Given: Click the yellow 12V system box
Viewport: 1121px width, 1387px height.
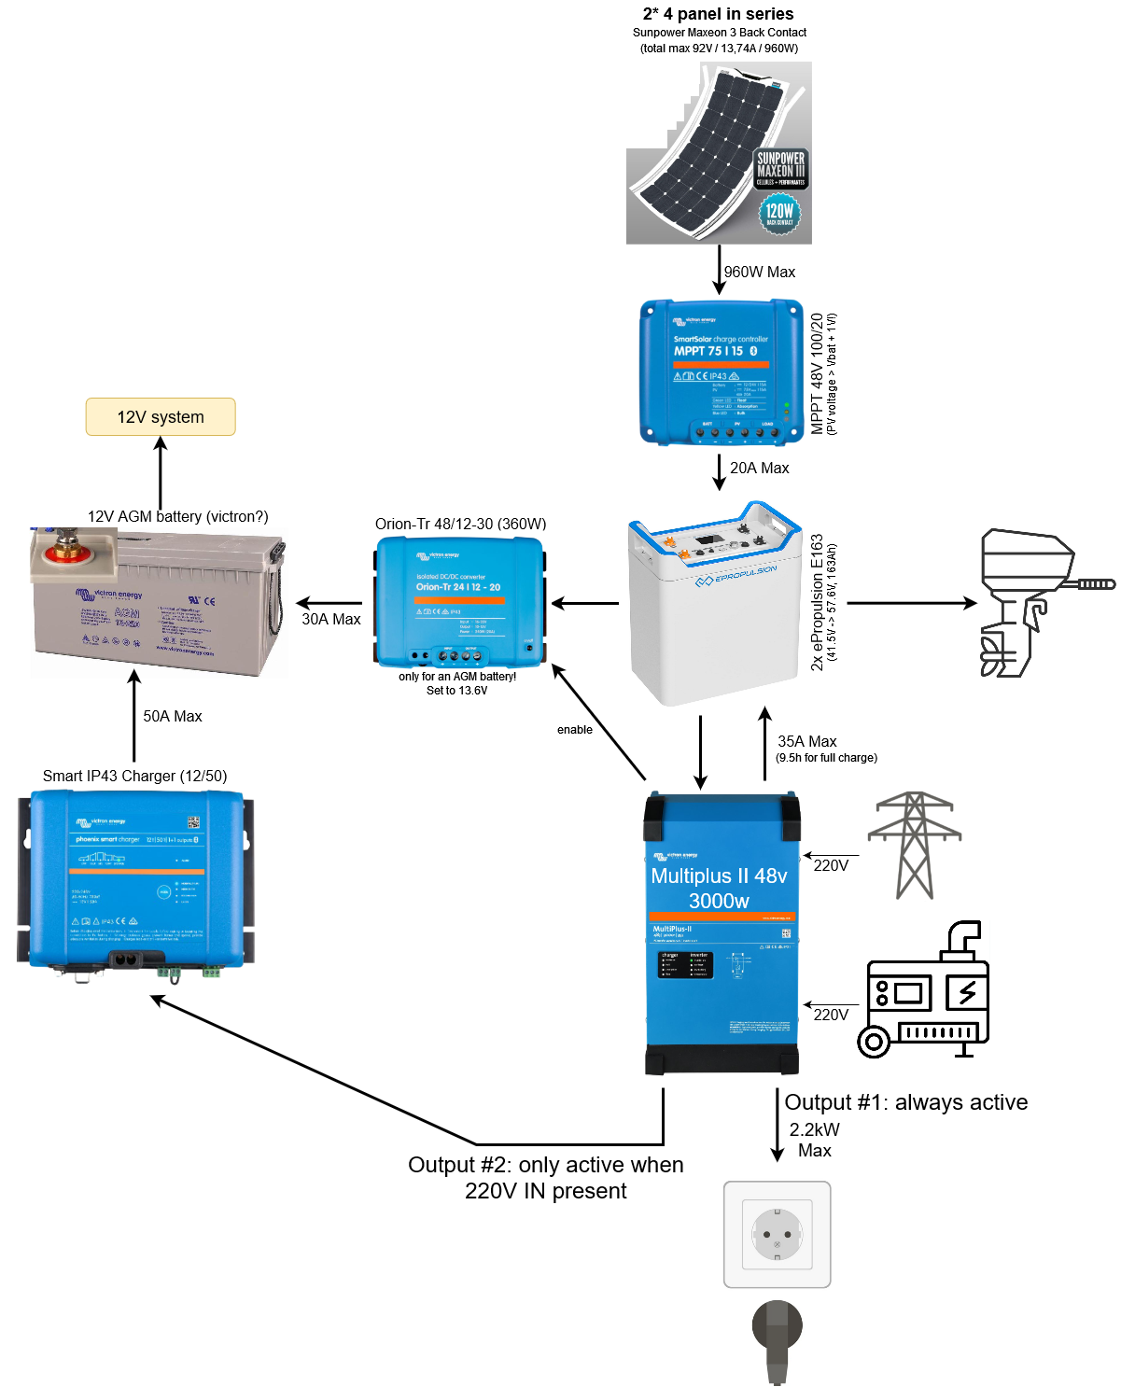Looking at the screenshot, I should click(161, 417).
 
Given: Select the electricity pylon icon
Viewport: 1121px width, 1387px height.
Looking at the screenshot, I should click(915, 845).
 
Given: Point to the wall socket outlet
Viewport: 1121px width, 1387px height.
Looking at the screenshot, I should click(778, 1234).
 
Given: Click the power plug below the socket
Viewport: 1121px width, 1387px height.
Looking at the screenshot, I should click(777, 1339).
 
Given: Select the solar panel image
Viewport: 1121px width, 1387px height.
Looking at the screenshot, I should click(719, 153).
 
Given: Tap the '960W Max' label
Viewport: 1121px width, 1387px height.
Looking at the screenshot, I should click(760, 273).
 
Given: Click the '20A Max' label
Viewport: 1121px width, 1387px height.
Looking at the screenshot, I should click(760, 469).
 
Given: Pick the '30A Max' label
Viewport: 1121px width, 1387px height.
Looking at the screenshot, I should click(331, 620).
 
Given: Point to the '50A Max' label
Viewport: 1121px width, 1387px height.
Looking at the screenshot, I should click(173, 717).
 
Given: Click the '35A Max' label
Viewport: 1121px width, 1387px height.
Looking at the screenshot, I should click(807, 742).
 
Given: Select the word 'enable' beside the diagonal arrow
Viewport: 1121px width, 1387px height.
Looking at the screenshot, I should click(575, 730).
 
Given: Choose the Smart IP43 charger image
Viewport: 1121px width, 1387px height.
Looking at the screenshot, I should click(135, 880).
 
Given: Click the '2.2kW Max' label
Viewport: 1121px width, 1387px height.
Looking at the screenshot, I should click(815, 1140).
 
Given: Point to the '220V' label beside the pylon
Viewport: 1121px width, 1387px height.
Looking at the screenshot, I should click(831, 866).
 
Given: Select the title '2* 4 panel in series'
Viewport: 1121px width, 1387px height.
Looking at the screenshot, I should click(718, 14).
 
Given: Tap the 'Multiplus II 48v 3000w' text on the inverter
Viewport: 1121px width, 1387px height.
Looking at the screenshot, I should click(719, 888).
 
